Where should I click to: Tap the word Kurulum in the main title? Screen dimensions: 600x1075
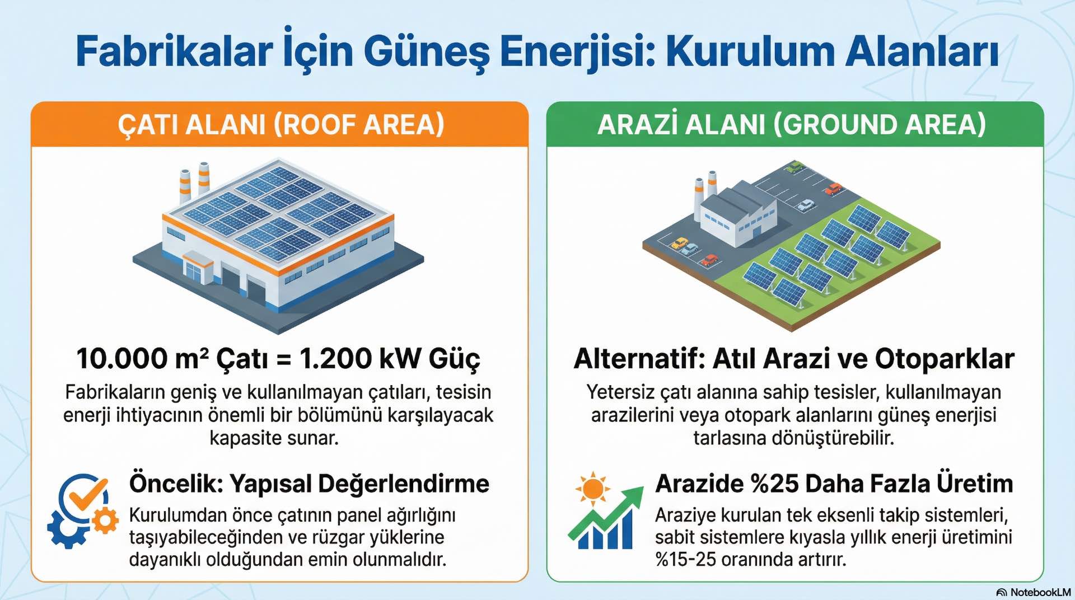coord(748,52)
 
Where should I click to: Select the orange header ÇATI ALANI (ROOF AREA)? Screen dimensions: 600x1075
coord(280,124)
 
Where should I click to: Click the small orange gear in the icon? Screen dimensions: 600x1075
coord(105,521)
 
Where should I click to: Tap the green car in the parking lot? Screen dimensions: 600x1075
coord(794,166)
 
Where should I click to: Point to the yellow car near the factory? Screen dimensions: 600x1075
coord(679,243)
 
